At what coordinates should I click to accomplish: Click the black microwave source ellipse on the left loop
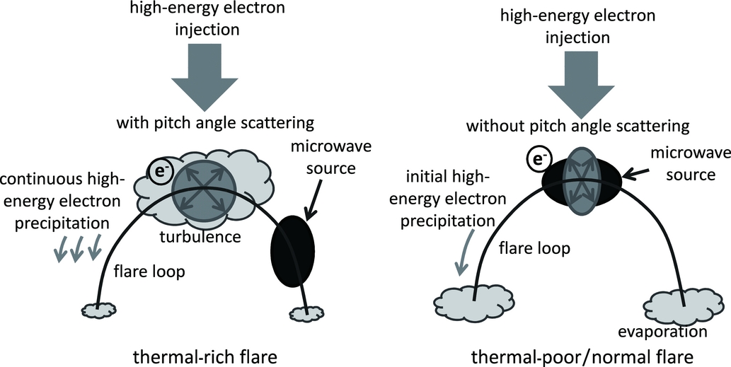coord(292,250)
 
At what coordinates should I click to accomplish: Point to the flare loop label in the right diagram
coord(524,248)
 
